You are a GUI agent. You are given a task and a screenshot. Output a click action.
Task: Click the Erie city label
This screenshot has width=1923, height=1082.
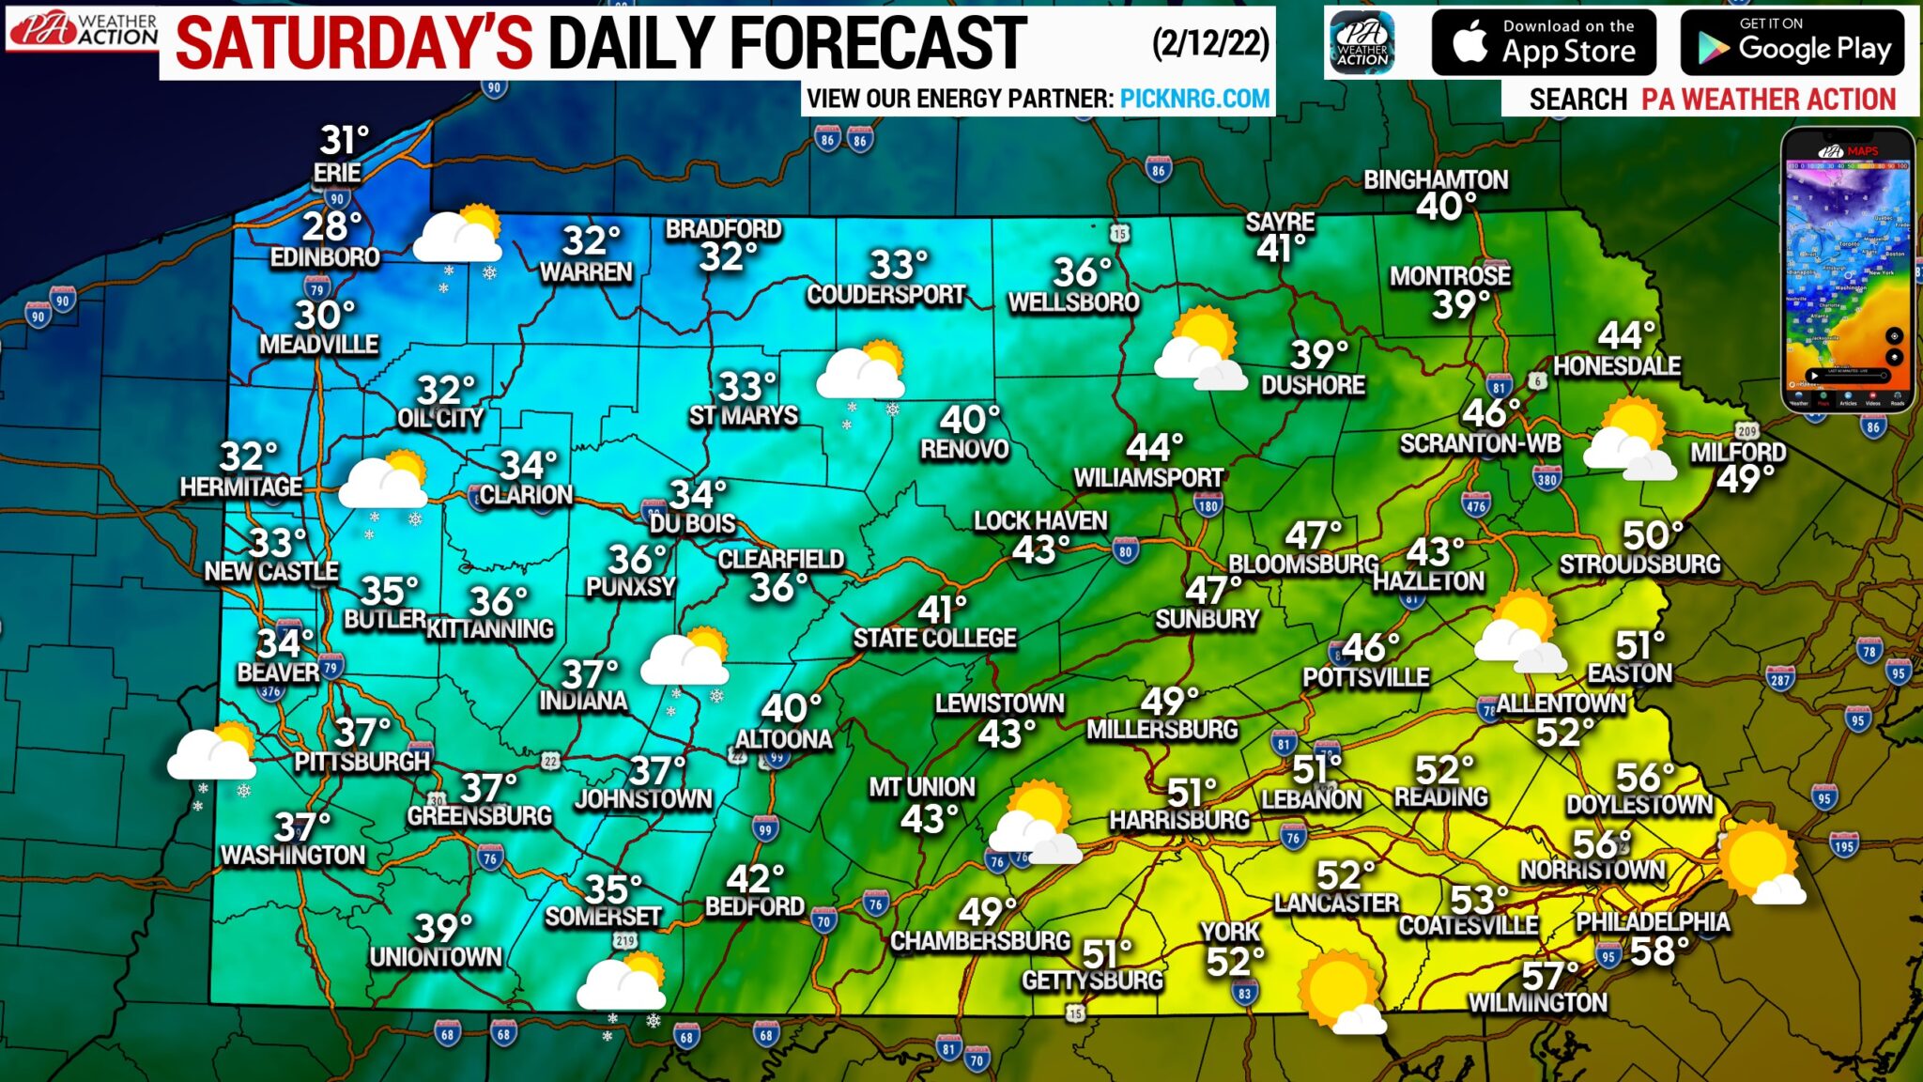tap(337, 173)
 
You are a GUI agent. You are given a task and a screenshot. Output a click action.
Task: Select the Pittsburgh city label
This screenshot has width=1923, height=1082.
tap(362, 761)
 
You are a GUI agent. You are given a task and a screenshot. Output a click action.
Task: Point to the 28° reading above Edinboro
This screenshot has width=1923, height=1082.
tap(331, 226)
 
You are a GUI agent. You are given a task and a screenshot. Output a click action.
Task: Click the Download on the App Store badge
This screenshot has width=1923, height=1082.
tap(1543, 42)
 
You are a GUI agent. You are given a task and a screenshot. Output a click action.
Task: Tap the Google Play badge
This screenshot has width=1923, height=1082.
tap(1792, 42)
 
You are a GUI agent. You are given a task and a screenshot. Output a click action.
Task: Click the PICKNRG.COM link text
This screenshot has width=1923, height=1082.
tap(1194, 99)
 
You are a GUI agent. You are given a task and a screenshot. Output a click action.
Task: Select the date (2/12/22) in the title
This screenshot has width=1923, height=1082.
tap(1210, 43)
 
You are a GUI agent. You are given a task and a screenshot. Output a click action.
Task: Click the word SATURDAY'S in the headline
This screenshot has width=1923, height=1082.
tap(354, 43)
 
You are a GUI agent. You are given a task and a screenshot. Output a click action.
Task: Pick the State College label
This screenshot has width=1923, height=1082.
tap(934, 639)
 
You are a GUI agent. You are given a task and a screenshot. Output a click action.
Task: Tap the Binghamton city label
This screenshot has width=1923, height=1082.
tap(1436, 179)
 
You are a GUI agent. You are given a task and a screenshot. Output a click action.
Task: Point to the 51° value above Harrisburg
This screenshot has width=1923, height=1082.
tap(1191, 792)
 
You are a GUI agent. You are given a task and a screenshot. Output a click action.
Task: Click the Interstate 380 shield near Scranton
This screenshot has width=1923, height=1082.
tap(1546, 480)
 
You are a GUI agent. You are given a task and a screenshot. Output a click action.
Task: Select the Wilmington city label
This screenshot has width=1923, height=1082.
tap(1537, 1003)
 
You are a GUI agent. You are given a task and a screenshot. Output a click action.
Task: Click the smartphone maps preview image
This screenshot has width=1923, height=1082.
tap(1847, 270)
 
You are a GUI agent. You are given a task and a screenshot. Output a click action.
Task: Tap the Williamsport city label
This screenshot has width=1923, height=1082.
tap(1148, 478)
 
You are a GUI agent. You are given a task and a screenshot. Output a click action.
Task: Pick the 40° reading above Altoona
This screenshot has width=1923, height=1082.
tap(791, 708)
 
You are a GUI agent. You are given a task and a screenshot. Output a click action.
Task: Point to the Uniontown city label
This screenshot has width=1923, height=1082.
tap(435, 957)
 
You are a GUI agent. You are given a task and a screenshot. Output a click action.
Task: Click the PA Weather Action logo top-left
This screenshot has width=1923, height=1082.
tap(83, 30)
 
